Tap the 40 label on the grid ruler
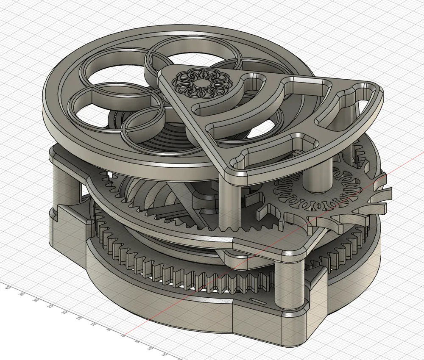click(x=7, y=287)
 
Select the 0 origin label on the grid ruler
click(x=123, y=335)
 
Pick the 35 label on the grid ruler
click(x=22, y=294)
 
